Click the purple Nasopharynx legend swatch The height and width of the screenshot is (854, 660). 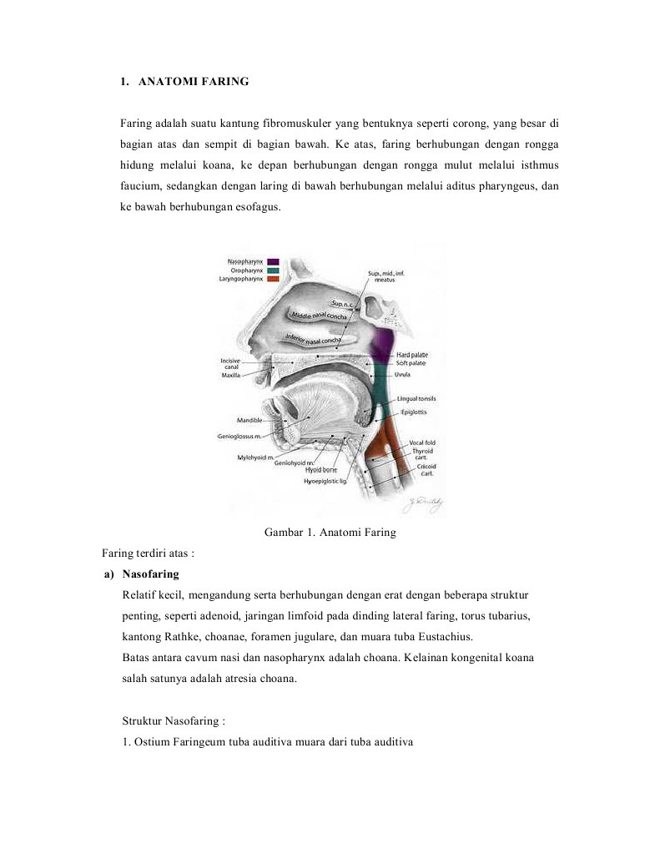pyautogui.click(x=273, y=262)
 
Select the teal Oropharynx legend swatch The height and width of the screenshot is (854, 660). pyautogui.click(x=273, y=270)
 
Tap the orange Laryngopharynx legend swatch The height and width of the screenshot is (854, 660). pyautogui.click(x=273, y=279)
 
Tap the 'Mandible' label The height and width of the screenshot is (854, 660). pyautogui.click(x=249, y=420)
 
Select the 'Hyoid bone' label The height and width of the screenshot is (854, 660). pyautogui.click(x=320, y=470)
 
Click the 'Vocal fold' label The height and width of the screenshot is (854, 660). pyautogui.click(x=421, y=442)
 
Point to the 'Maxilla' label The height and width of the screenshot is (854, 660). pyautogui.click(x=231, y=376)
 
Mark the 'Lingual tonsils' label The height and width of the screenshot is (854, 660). pyautogui.click(x=416, y=399)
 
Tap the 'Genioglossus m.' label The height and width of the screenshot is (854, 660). pyautogui.click(x=240, y=437)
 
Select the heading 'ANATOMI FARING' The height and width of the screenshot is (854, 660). pyautogui.click(x=193, y=82)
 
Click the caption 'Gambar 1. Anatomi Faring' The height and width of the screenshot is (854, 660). pyautogui.click(x=330, y=533)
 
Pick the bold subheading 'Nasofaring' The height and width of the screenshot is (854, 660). pyautogui.click(x=150, y=574)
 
